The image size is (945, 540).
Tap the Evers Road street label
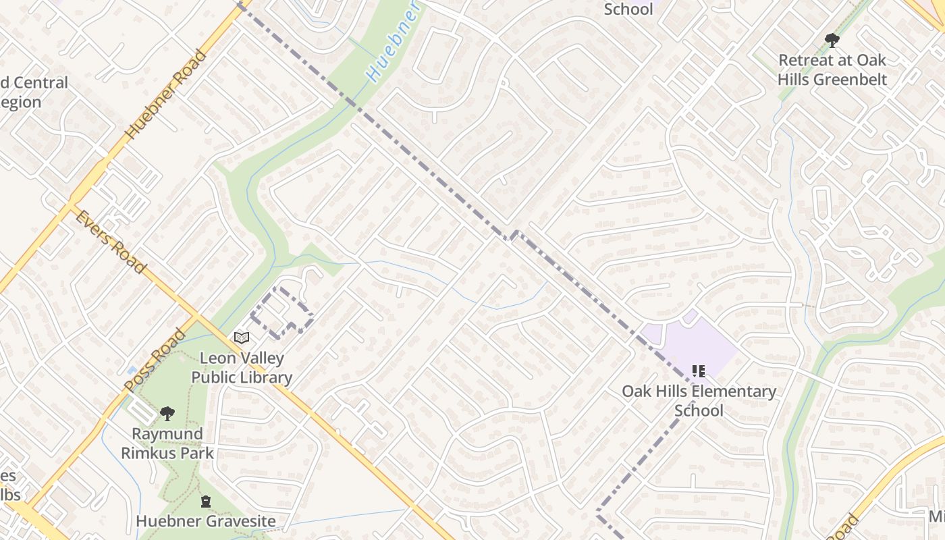(110, 242)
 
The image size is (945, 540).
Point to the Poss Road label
(155, 360)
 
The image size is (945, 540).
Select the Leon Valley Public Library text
(242, 368)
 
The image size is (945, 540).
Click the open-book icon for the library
(242, 337)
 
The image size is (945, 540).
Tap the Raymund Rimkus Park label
(167, 443)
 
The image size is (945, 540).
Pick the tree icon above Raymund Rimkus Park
(167, 412)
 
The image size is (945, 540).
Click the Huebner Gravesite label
(205, 521)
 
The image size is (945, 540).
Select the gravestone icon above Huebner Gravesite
(205, 501)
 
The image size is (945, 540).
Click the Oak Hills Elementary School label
(699, 401)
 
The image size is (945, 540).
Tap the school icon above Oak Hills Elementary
(699, 371)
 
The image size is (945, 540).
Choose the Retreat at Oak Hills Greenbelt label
(832, 70)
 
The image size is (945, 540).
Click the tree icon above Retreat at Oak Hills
(832, 40)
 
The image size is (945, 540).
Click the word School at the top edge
(628, 9)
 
